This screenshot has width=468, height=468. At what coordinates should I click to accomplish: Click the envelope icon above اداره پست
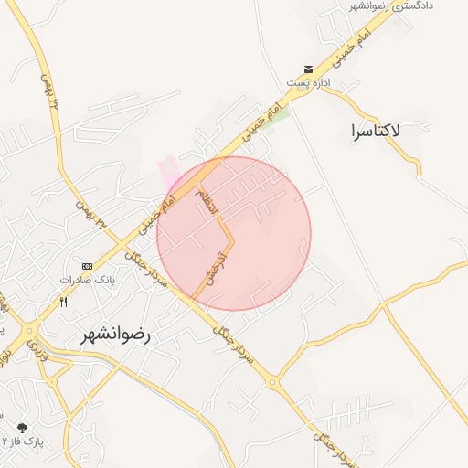(x=309, y=69)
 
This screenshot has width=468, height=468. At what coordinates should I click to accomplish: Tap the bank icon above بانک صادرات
(x=87, y=265)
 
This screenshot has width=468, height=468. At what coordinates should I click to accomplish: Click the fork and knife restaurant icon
(x=63, y=301)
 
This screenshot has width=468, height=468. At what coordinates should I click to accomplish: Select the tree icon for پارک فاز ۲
(x=21, y=427)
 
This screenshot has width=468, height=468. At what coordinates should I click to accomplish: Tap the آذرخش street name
(x=217, y=266)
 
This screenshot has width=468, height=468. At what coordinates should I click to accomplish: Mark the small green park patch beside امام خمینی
(x=282, y=114)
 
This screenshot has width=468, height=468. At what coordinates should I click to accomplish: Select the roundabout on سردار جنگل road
(x=271, y=382)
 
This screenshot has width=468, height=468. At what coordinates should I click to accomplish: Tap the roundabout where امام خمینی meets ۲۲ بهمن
(x=31, y=332)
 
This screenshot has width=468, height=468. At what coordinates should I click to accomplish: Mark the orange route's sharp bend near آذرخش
(x=233, y=241)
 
